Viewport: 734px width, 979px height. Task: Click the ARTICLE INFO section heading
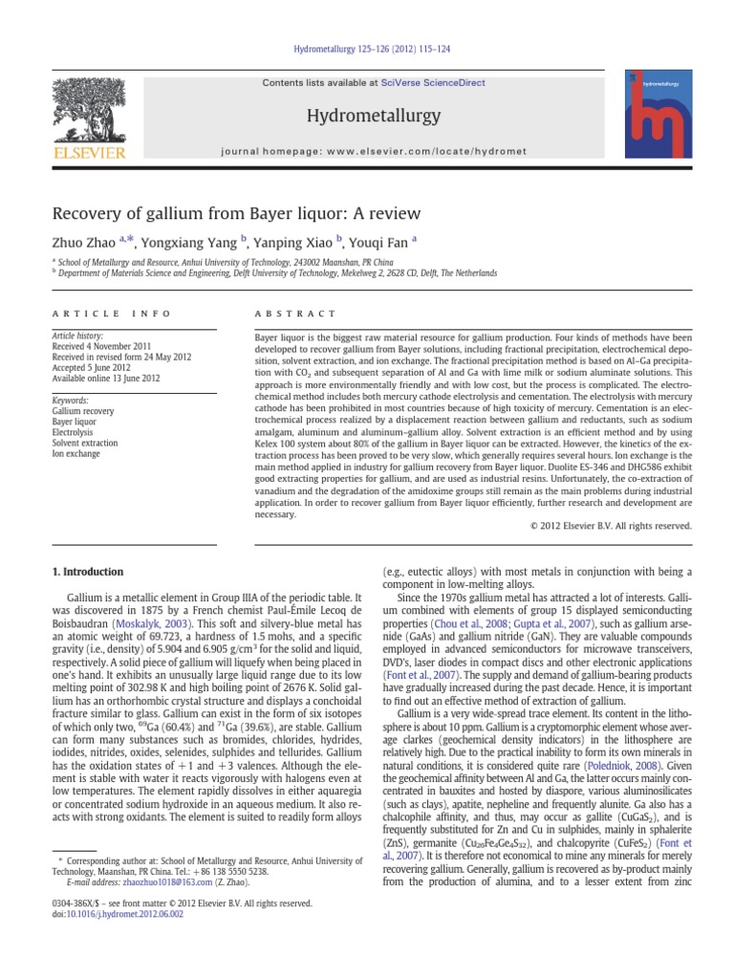112,314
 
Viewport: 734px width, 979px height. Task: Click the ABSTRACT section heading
295,314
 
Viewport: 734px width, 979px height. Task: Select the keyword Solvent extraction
86,443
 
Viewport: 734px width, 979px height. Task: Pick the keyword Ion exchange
76,453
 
